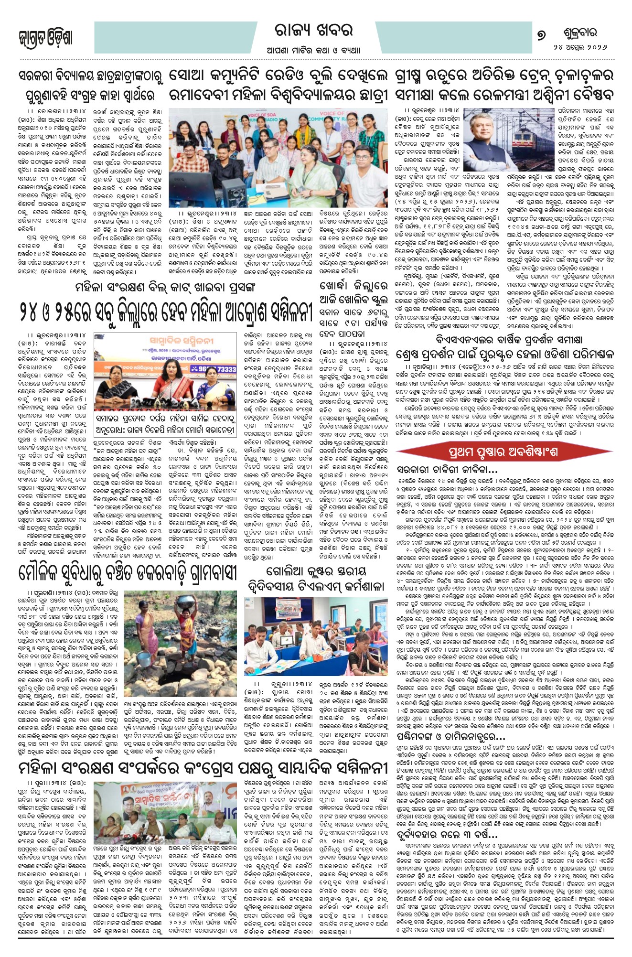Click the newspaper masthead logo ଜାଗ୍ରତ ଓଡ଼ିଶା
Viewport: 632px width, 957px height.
pos(45,38)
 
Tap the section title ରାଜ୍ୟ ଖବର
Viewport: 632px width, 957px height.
pos(314,31)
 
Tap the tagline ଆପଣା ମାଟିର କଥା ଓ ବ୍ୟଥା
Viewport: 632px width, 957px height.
pos(314,50)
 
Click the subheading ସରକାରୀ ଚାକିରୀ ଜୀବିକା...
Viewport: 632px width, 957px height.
pos(447,470)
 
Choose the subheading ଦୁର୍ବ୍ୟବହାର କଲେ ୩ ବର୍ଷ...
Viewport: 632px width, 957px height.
pos(447,835)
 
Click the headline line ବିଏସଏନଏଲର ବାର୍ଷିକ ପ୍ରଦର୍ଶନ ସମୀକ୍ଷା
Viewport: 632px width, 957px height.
pos(509,339)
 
